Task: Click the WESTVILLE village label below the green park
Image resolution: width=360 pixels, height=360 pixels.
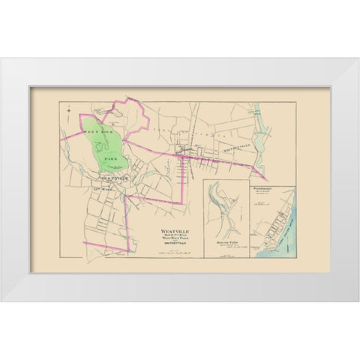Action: coord(108,179)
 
